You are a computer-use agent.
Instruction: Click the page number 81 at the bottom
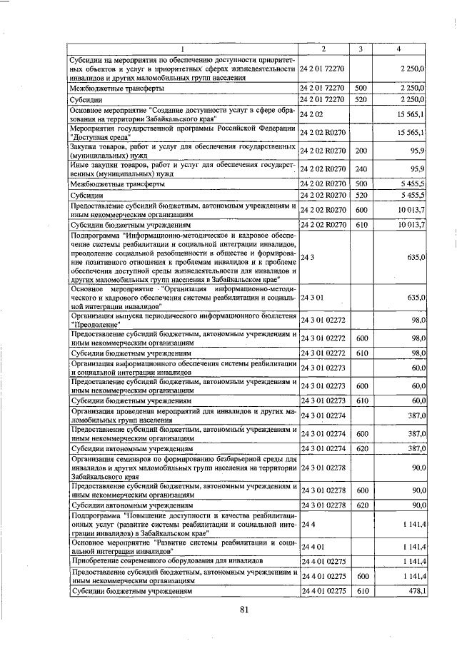pyautogui.click(x=243, y=609)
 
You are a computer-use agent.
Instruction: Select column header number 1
pyautogui.click(x=182, y=49)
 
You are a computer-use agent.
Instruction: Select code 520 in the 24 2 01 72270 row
pyautogui.click(x=361, y=99)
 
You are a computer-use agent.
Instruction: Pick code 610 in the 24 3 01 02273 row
pyautogui.click(x=361, y=400)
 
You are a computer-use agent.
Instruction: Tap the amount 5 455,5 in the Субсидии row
pyautogui.click(x=413, y=194)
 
